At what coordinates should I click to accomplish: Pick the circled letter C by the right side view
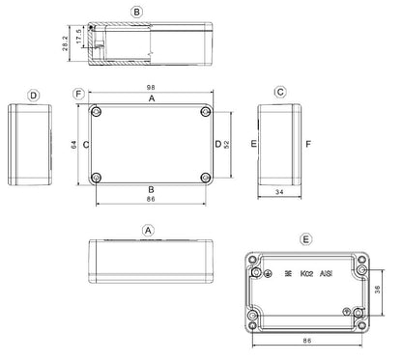click(x=279, y=93)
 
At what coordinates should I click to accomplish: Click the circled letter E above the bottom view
click(x=306, y=237)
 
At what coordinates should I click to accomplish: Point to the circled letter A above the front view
click(x=148, y=231)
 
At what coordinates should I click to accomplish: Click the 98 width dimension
click(x=150, y=88)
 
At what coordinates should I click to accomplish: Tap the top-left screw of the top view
click(x=97, y=113)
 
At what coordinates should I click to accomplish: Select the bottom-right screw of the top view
click(x=205, y=178)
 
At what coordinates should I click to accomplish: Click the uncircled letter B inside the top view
click(x=150, y=188)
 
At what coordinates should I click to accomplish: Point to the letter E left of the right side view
click(x=254, y=144)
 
